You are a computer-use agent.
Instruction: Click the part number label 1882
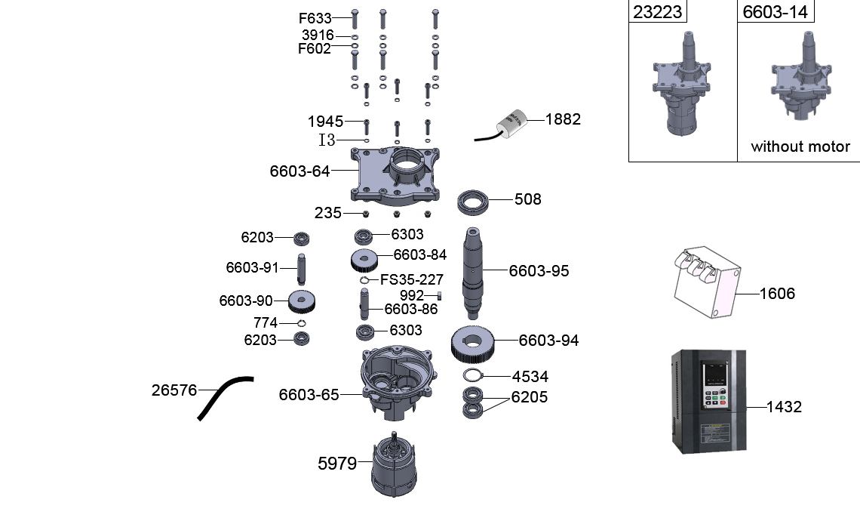pos(563,119)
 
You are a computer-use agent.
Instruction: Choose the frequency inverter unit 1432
pos(708,400)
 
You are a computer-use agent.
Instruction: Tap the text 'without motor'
pos(800,147)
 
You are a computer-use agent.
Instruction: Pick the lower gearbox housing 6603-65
pos(397,378)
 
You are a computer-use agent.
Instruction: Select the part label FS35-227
pos(411,279)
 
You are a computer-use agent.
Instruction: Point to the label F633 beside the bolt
pos(315,18)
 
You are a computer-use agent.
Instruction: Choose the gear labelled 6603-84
pos(365,260)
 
